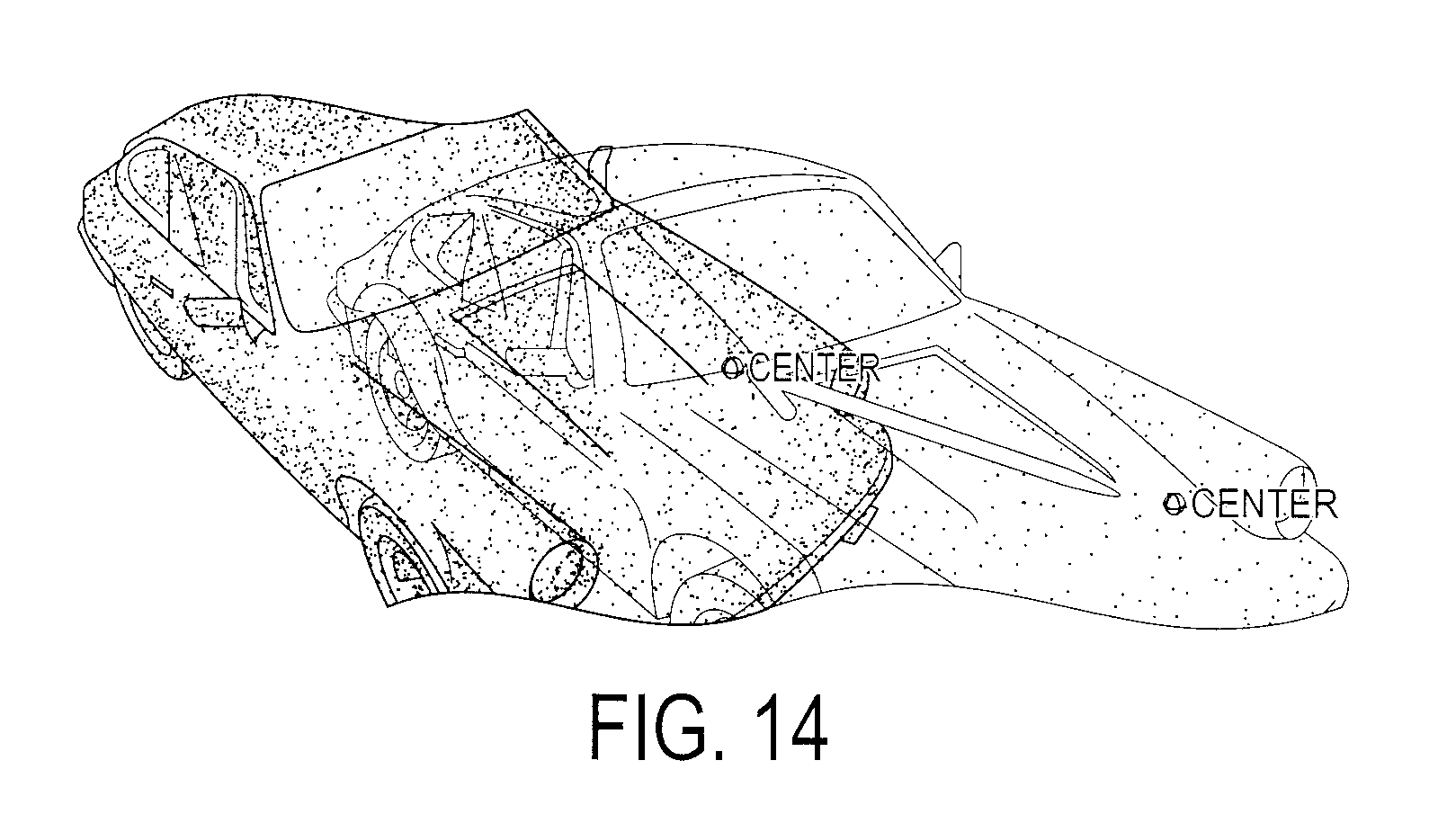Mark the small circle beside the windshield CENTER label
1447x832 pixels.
[733, 368]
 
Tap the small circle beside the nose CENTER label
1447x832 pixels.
[1174, 504]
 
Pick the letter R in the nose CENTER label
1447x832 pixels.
[1325, 505]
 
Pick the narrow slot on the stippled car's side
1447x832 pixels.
[162, 287]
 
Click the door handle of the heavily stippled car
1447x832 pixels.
[213, 311]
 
